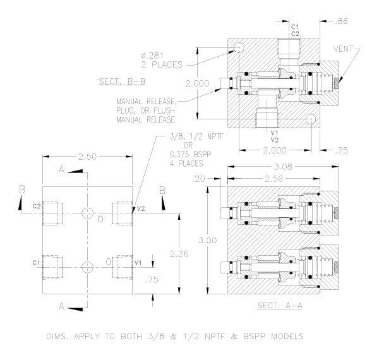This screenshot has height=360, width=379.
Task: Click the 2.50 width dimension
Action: coord(87,157)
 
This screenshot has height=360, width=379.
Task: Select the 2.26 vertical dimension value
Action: coord(179,254)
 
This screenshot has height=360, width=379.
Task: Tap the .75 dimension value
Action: coord(152,280)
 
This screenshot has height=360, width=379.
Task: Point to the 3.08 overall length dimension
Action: coord(283,167)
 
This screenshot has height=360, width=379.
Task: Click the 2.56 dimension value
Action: coord(274,179)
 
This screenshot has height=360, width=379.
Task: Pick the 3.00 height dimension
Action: coord(208,241)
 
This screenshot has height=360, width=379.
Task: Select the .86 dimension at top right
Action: coord(342,21)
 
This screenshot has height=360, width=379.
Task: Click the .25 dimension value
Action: coord(342,150)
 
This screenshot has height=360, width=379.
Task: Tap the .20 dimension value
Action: coord(198,179)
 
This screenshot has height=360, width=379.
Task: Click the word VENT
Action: coord(343,49)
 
